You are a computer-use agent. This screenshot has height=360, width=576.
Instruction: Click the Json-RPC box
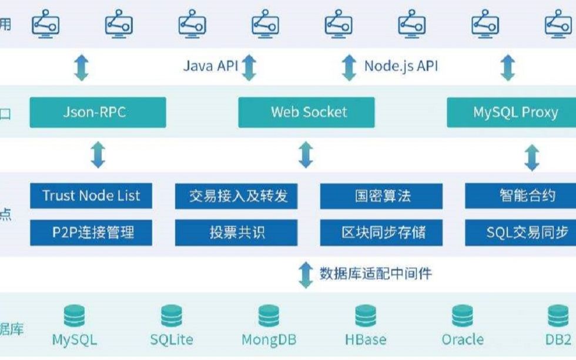[x=98, y=112]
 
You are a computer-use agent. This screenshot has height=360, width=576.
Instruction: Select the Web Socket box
[x=306, y=112]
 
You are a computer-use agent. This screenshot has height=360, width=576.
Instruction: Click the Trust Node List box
[x=91, y=196]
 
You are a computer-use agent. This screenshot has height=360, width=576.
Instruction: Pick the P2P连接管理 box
[x=91, y=233]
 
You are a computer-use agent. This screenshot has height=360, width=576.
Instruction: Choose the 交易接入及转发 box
[x=238, y=196]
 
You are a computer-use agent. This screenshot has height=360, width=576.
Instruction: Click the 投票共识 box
[x=238, y=233]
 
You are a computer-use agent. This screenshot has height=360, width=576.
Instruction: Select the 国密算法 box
[x=381, y=196]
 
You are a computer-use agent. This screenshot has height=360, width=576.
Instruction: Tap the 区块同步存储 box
[x=381, y=233]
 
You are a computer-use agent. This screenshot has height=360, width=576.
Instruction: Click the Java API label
[x=210, y=66]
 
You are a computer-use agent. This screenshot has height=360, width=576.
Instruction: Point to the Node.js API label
[x=401, y=66]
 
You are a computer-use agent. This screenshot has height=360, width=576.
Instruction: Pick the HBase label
[x=366, y=340]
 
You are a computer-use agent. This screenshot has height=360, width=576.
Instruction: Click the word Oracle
[x=463, y=340]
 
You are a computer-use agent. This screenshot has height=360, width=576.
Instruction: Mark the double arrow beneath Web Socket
[x=306, y=155]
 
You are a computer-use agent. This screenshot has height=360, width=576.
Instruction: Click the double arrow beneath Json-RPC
[x=98, y=155]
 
